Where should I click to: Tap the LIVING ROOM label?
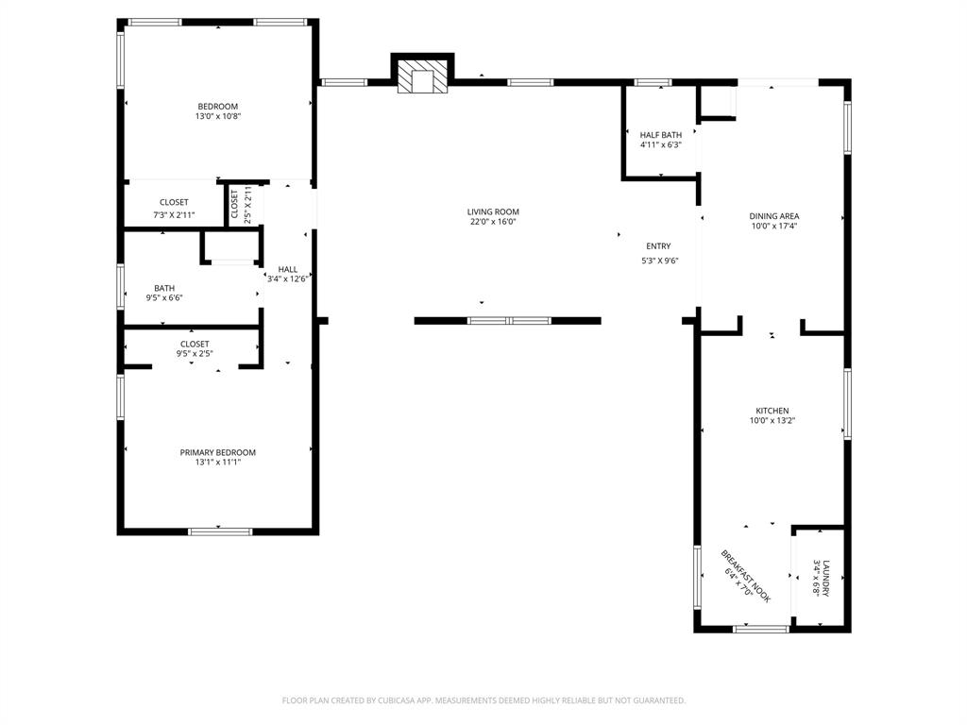pyautogui.click(x=493, y=212)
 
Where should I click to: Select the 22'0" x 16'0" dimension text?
pyautogui.click(x=493, y=223)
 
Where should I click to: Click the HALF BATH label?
pyautogui.click(x=660, y=135)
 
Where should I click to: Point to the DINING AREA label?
pyautogui.click(x=774, y=216)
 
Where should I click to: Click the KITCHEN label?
pyautogui.click(x=772, y=411)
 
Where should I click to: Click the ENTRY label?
pyautogui.click(x=658, y=246)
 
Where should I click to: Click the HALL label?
pyautogui.click(x=287, y=269)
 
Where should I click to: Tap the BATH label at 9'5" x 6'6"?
pyautogui.click(x=164, y=288)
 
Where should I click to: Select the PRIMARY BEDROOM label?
pyautogui.click(x=217, y=452)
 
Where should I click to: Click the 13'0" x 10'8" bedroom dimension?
pyautogui.click(x=217, y=117)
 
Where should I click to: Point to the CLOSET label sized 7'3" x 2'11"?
pyautogui.click(x=174, y=202)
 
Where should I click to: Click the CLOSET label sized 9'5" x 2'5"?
pyautogui.click(x=195, y=344)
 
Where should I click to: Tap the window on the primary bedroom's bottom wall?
pyautogui.click(x=220, y=531)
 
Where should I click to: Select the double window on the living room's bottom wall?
pyautogui.click(x=509, y=321)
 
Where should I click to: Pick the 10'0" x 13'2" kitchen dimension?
pyautogui.click(x=772, y=421)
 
